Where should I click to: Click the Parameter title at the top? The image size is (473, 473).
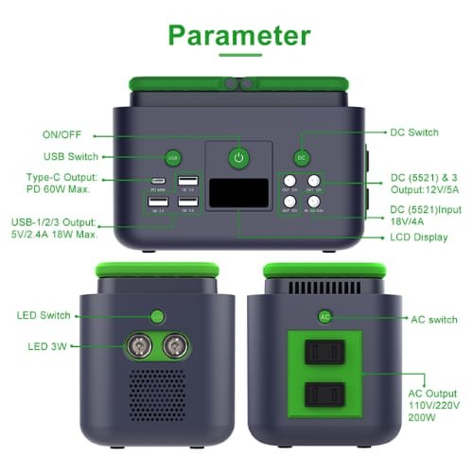pos(238,35)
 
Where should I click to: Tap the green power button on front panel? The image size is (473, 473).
pos(238,158)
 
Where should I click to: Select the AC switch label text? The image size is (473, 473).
pos(408,320)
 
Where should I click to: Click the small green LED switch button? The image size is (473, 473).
pos(155,316)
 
